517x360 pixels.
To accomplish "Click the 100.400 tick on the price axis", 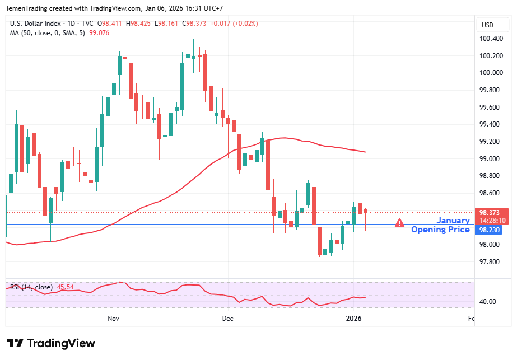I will tap(491, 39).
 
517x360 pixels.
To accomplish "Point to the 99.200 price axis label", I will tap(491, 142).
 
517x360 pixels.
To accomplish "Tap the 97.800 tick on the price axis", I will tap(491, 262).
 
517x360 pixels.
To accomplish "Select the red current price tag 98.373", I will tap(491, 213).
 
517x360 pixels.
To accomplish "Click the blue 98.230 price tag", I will tap(491, 230).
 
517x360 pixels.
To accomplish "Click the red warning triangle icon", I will tap(399, 223).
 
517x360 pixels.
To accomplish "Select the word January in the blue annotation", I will tap(453, 221).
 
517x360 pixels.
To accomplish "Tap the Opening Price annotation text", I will tap(440, 230).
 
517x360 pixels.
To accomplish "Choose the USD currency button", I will tap(487, 25).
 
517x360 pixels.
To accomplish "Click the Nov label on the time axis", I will tap(114, 318).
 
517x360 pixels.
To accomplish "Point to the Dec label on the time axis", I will tap(227, 318).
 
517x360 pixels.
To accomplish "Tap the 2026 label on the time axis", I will tap(353, 318).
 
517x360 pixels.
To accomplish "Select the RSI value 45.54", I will tap(66, 287).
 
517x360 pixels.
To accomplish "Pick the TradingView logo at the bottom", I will tap(50, 343).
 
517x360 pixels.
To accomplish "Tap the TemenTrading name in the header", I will tap(27, 7).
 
